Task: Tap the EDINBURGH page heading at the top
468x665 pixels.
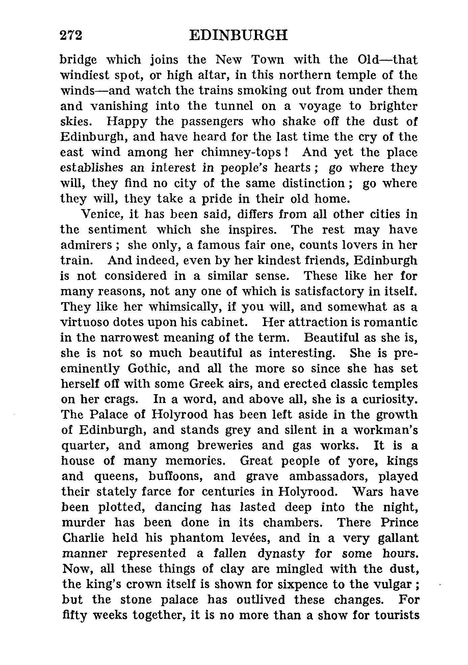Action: pyautogui.click(x=238, y=35)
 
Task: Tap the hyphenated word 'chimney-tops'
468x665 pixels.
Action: pyautogui.click(x=241, y=153)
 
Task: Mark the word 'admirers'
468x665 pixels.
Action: pyautogui.click(x=86, y=245)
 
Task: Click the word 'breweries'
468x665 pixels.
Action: pyautogui.click(x=225, y=445)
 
